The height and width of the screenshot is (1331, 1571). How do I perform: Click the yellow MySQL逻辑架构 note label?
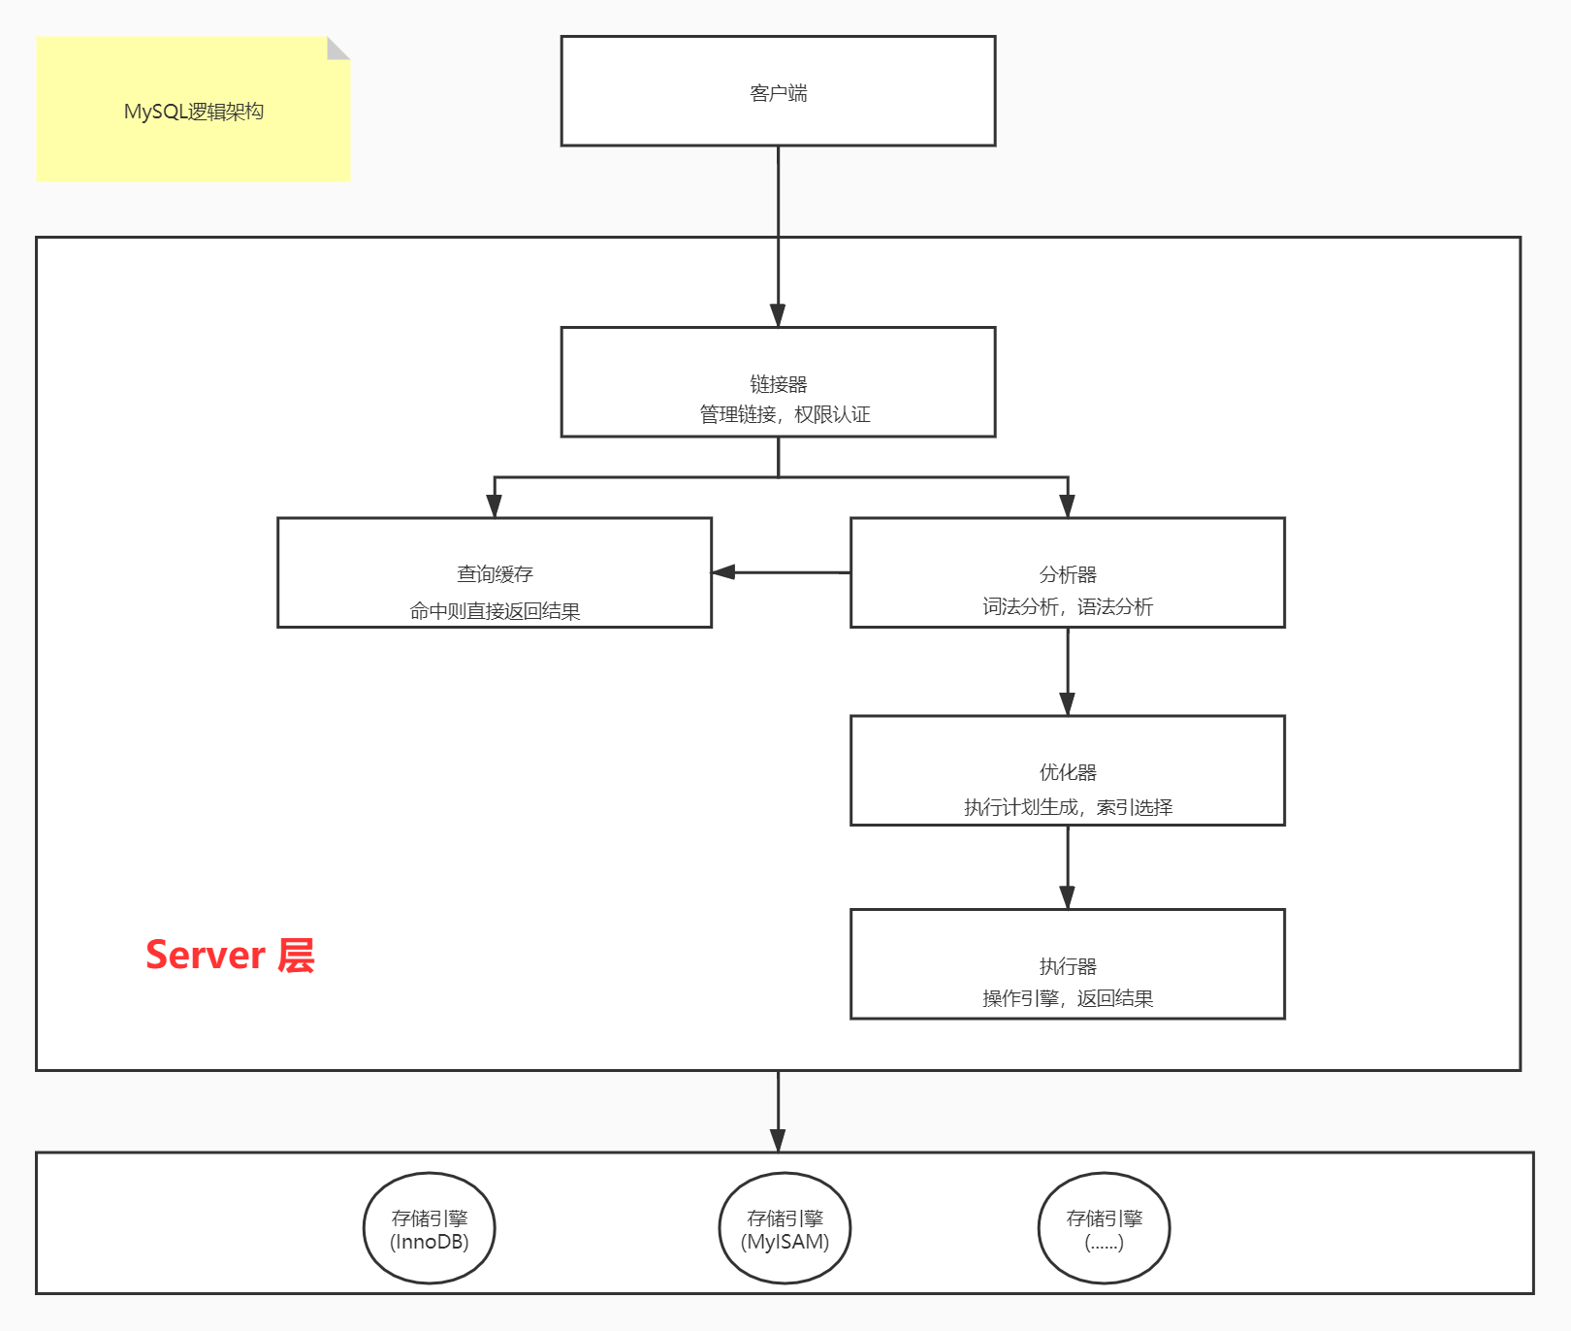coord(193,112)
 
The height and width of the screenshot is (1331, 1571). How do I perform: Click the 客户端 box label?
coord(778,93)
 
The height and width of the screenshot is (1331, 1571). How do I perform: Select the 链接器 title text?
coord(778,384)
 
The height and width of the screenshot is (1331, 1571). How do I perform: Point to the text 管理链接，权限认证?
coord(785,415)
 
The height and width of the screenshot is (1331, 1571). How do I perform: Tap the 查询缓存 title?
coord(495,574)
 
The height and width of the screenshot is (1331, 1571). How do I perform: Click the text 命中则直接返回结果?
coord(495,611)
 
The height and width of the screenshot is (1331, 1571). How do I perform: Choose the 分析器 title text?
coord(1067,574)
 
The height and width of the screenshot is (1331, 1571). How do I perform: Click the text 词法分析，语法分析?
coord(1067,607)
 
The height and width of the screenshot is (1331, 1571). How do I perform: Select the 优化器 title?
coord(1067,772)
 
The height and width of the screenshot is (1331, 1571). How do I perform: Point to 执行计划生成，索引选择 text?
coord(1068,807)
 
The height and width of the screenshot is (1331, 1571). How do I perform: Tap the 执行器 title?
coord(1067,966)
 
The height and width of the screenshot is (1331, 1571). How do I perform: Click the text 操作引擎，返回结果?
coord(1067,999)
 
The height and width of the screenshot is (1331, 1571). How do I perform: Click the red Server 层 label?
coord(230,956)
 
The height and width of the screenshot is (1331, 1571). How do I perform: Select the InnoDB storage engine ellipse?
coord(430,1228)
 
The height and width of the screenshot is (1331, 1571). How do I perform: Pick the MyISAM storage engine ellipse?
coord(785,1228)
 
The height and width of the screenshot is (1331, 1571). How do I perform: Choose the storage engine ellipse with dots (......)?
coord(1104,1228)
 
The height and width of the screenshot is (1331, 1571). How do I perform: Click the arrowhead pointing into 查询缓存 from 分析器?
coord(723,572)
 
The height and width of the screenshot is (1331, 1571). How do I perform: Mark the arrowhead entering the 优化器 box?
coord(1067,704)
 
